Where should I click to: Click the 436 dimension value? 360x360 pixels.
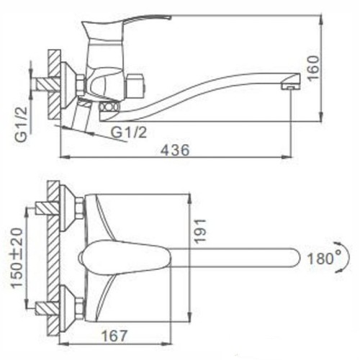point(175,150)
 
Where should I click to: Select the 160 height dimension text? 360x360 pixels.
point(313,68)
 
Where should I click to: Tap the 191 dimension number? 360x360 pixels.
point(199,231)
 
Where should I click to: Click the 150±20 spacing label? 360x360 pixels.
point(17,258)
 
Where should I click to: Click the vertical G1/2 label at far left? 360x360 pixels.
point(21,125)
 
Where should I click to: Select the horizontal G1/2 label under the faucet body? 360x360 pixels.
point(129,132)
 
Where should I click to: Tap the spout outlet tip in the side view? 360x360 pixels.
point(291,87)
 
